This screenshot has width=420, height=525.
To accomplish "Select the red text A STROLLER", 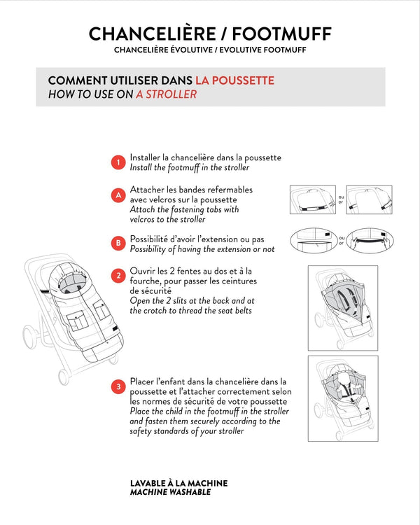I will (x=166, y=94).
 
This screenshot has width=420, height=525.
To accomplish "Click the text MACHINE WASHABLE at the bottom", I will (x=170, y=492).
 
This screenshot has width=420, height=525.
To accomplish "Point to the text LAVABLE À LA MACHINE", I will (x=178, y=483).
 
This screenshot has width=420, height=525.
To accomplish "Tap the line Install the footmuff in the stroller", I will (x=189, y=168).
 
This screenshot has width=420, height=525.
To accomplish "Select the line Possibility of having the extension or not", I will (x=202, y=249).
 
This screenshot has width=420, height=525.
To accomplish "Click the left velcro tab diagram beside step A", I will (x=313, y=200).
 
